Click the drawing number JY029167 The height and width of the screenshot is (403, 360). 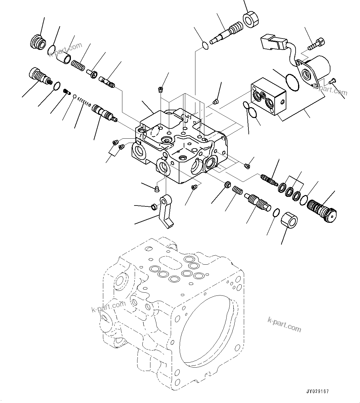click(318, 392)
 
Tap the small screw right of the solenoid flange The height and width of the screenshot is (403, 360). click(331, 81)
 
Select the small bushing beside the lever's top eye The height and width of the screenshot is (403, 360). click(153, 206)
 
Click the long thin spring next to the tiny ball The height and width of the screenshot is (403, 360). click(84, 101)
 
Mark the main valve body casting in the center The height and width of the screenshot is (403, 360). click(180, 145)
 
